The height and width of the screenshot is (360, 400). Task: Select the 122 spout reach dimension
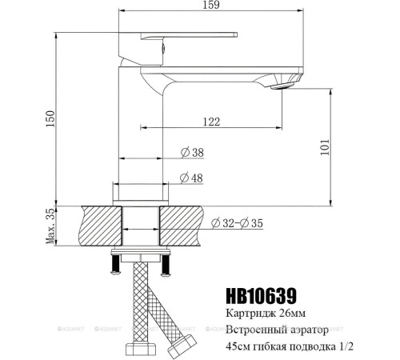click(x=211, y=120)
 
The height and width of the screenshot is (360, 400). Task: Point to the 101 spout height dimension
click(x=325, y=147)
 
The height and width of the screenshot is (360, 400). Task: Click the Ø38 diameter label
click(x=192, y=151)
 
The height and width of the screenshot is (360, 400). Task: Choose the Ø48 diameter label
click(x=192, y=178)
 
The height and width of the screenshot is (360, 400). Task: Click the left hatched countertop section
click(x=99, y=226)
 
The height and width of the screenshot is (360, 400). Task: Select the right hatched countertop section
click(x=183, y=226)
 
